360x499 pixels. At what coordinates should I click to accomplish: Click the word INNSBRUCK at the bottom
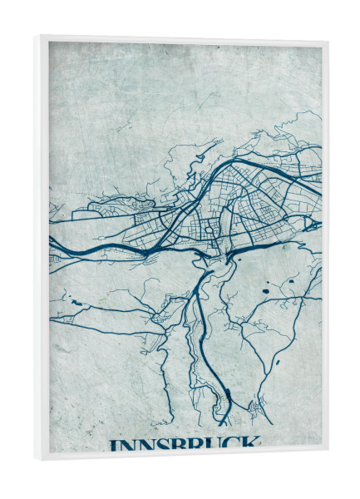pos(184,443)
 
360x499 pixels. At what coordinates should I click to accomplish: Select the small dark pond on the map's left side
pos(78,303)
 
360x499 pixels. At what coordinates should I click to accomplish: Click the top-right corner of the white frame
pos(328,42)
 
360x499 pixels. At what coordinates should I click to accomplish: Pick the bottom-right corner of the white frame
pos(328,450)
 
